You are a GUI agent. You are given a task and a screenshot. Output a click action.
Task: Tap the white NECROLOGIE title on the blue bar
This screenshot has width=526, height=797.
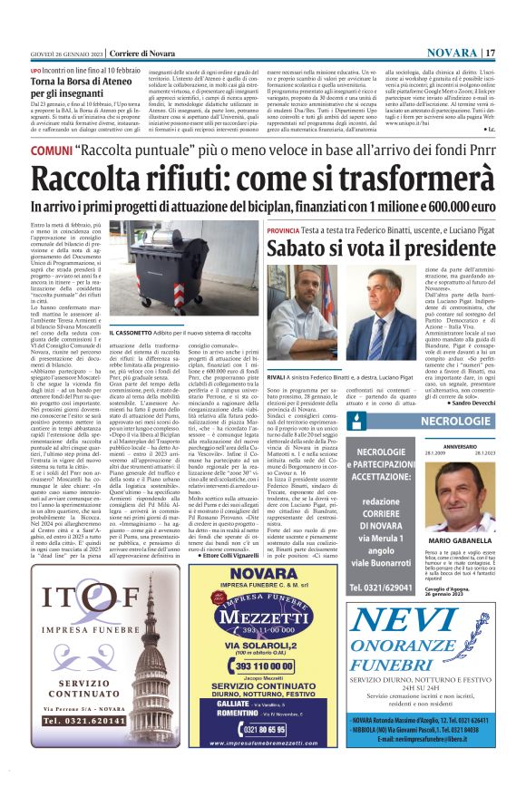pos(456,423)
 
